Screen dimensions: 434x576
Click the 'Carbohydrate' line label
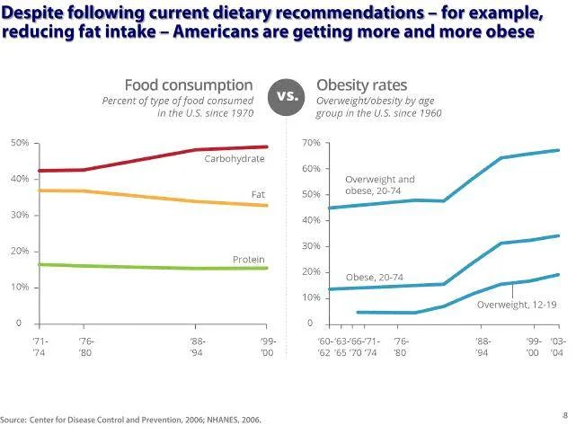tap(235, 158)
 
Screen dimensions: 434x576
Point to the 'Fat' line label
tap(258, 194)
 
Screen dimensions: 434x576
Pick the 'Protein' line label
tap(248, 260)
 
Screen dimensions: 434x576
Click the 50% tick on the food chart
tap(20, 144)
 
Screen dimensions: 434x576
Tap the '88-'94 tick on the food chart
tap(199, 347)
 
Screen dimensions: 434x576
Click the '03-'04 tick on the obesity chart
tap(557, 347)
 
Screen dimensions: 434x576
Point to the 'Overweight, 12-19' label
tap(517, 306)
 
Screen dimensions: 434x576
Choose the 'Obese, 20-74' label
tap(374, 278)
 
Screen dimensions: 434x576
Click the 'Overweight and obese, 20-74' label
tap(380, 184)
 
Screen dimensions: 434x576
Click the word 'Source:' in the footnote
tap(13, 420)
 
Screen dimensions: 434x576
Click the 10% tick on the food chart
tap(20, 288)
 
